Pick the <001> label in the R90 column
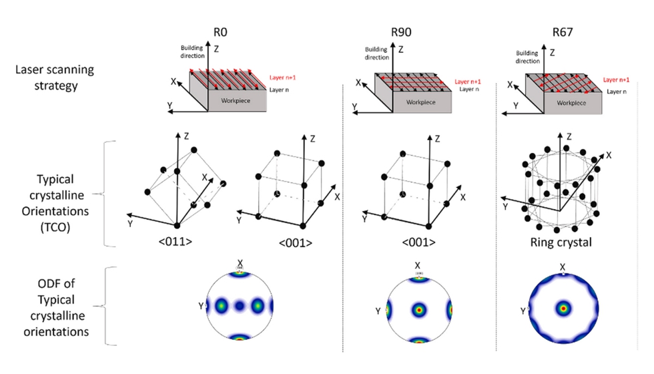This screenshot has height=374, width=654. pos(416,242)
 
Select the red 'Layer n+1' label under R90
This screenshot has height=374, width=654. pos(468,81)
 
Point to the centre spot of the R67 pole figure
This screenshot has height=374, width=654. pos(564,309)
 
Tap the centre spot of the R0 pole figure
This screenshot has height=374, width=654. pos(240,308)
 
